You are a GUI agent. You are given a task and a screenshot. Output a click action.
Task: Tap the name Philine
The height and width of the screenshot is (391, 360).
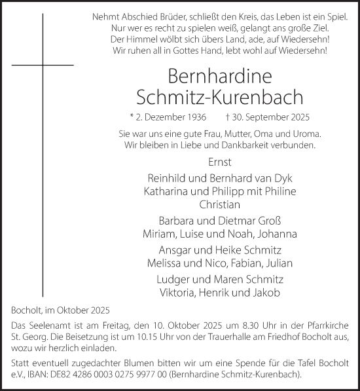pyautogui.click(x=279, y=190)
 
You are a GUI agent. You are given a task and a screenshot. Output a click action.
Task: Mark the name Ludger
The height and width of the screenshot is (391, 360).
pyautogui.click(x=172, y=280)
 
